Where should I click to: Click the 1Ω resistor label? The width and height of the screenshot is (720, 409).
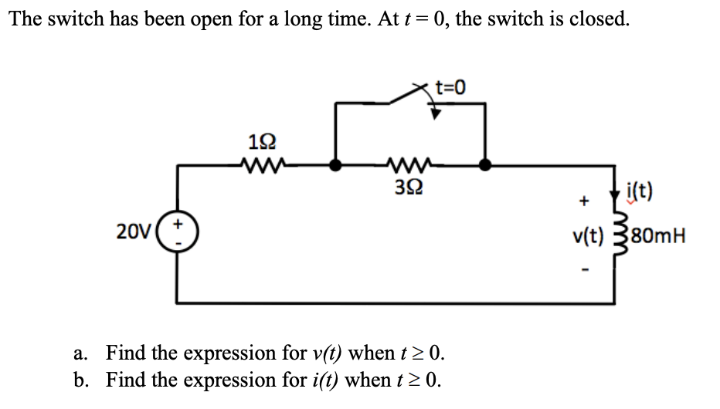(x=260, y=143)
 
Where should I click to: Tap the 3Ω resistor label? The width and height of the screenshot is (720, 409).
(x=409, y=186)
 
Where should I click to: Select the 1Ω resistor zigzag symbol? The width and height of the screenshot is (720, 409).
(x=260, y=164)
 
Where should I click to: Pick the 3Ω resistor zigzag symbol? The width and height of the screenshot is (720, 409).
(x=409, y=164)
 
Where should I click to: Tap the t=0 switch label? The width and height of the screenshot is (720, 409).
(x=451, y=86)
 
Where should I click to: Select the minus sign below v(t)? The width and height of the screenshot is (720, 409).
(x=585, y=269)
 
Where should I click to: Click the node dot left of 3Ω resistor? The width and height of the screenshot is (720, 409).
(x=335, y=164)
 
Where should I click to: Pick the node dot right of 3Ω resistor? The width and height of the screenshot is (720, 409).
(x=484, y=164)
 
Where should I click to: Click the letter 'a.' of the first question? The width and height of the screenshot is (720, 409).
(x=83, y=354)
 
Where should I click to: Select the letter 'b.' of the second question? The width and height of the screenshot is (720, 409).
(x=83, y=380)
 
